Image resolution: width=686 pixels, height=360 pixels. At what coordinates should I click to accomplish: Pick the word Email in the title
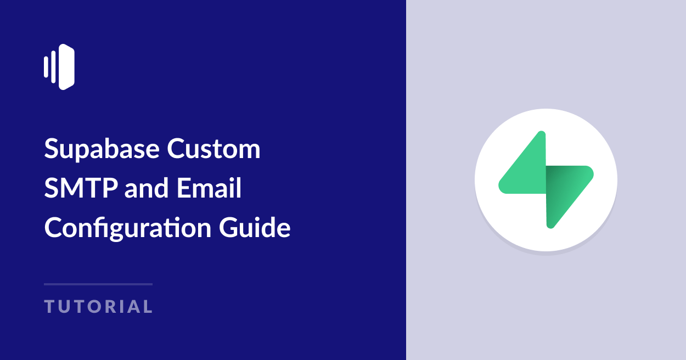[x=210, y=189]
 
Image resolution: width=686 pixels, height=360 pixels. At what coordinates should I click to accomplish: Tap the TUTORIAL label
[x=98, y=307]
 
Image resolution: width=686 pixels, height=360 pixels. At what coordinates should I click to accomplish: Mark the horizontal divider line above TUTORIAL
[x=98, y=284]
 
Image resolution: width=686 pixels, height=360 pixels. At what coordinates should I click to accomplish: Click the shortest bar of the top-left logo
[x=46, y=67]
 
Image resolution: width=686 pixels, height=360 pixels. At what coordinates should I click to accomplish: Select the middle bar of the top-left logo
[x=53, y=67]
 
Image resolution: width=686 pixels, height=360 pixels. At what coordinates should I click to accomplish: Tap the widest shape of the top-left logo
[x=66, y=67]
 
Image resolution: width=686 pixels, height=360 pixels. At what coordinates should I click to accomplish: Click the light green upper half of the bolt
[x=527, y=170]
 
